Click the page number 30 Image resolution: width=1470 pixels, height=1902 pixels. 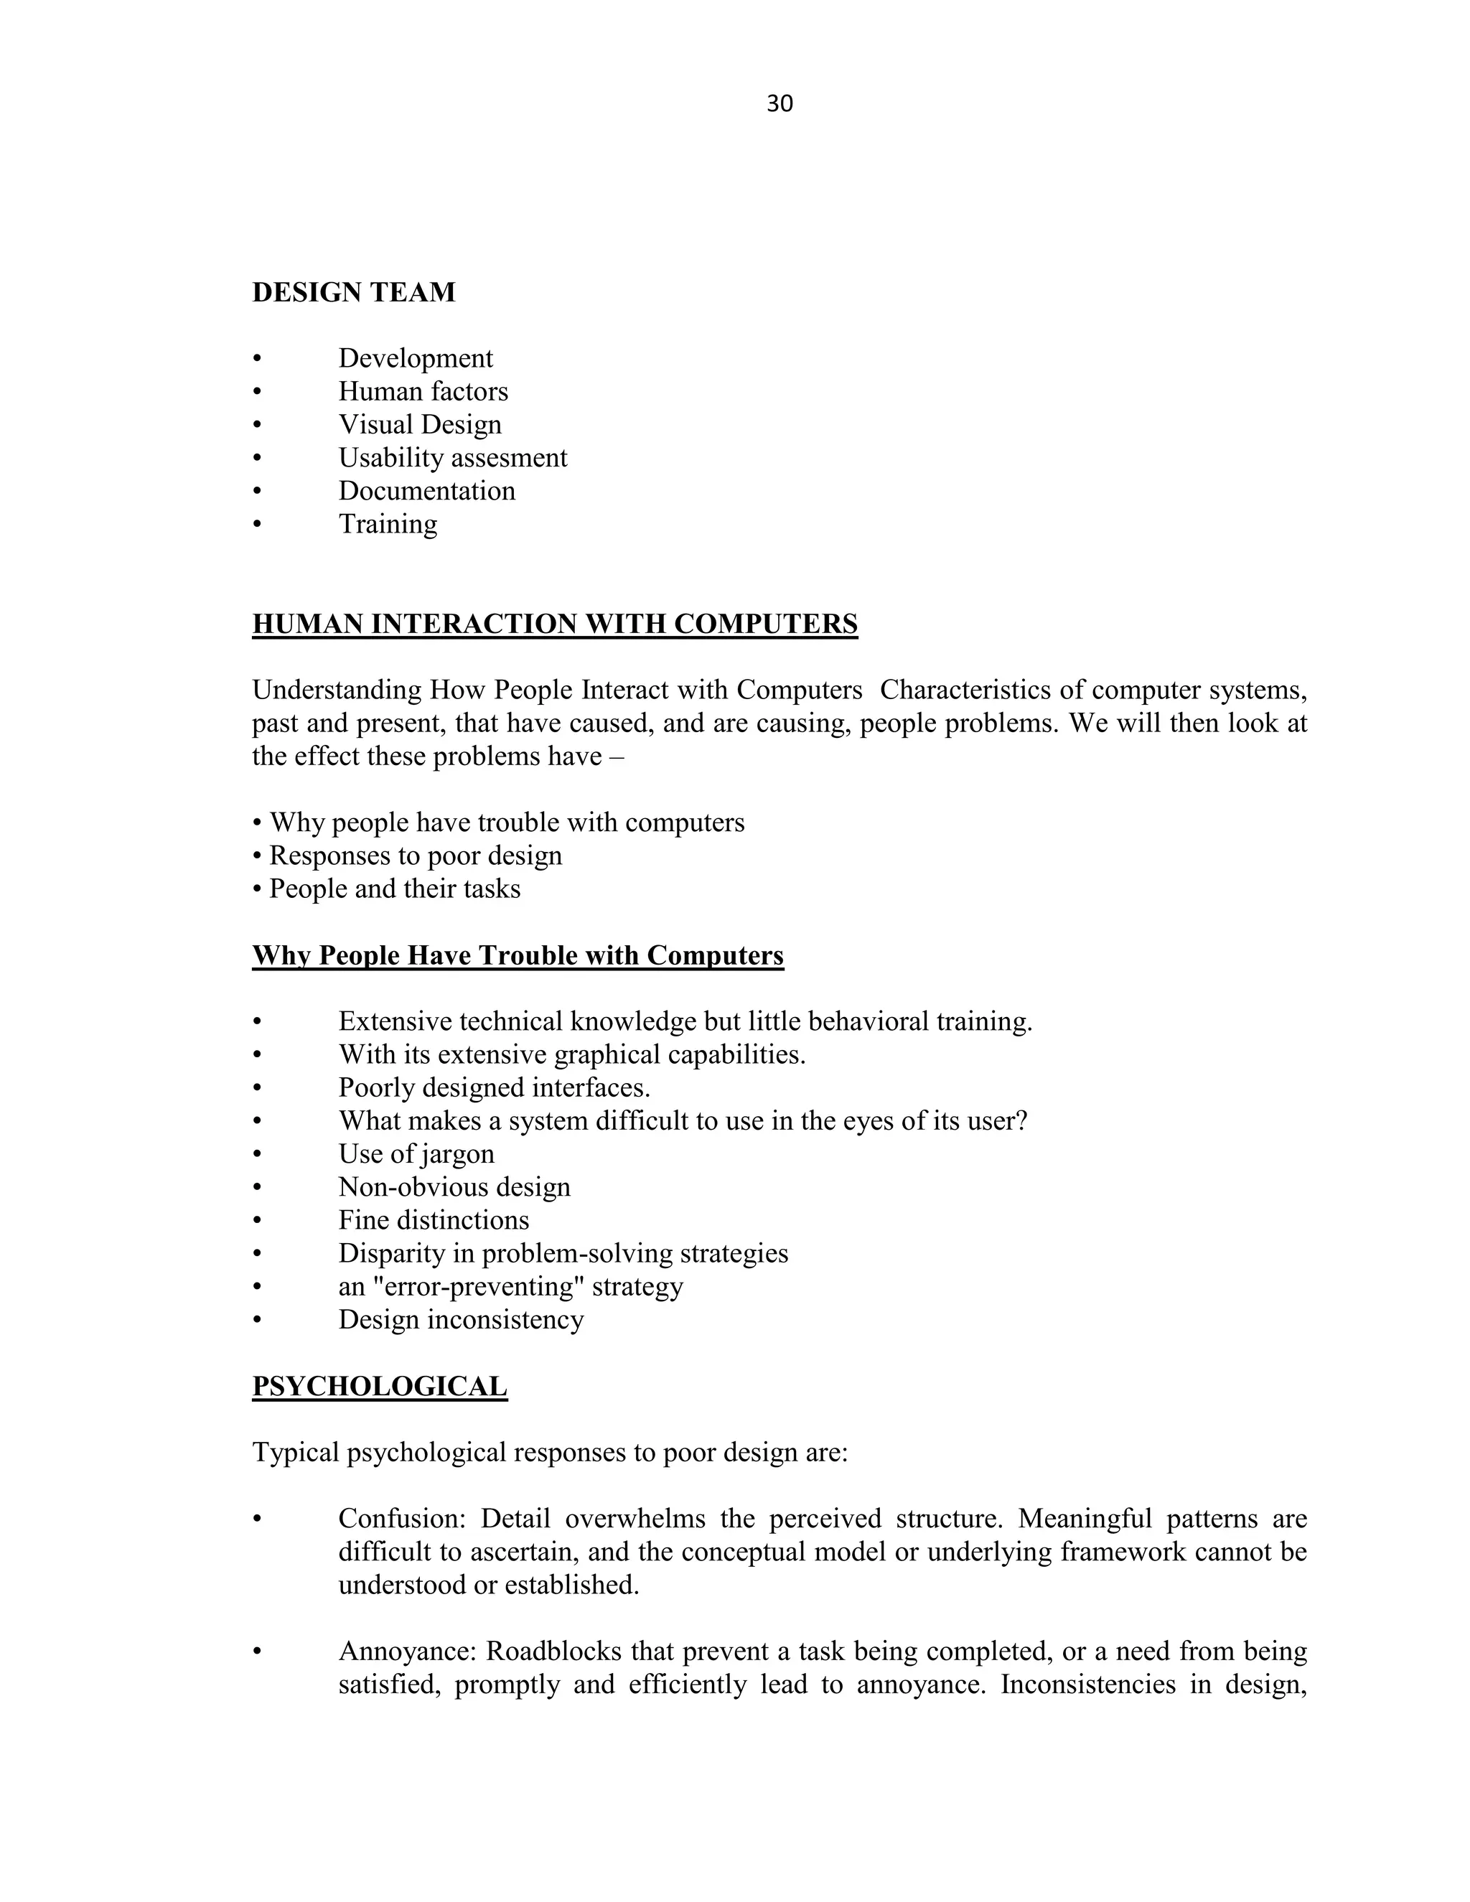click(780, 103)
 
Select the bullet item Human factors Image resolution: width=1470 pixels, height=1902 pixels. click(423, 392)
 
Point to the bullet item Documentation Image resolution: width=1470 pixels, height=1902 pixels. click(427, 491)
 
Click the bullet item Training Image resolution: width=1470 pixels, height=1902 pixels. click(388, 524)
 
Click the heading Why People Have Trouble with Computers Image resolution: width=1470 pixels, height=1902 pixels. click(518, 955)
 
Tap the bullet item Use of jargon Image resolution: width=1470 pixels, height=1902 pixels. click(416, 1154)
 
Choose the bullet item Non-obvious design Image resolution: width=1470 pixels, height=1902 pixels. click(454, 1187)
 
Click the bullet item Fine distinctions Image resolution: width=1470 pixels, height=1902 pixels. click(434, 1220)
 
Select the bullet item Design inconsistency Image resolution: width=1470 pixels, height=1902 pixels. click(461, 1319)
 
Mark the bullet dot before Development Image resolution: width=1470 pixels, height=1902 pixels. click(257, 359)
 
